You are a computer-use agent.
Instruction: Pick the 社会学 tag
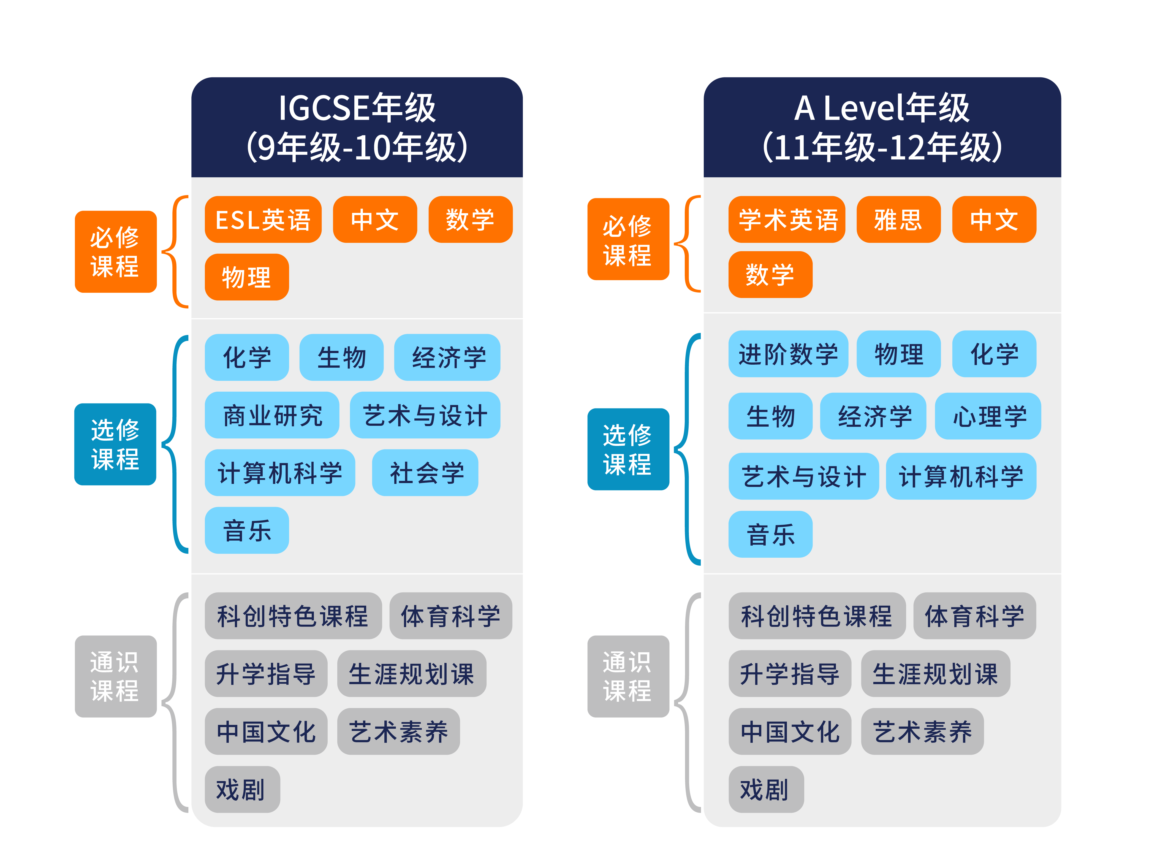pyautogui.click(x=425, y=473)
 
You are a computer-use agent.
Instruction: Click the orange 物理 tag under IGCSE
pyautogui.click(x=246, y=277)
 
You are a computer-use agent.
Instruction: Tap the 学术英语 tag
pyautogui.click(x=786, y=219)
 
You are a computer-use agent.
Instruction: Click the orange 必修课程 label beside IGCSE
pyautogui.click(x=116, y=252)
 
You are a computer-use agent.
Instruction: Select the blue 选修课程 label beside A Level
pyautogui.click(x=628, y=449)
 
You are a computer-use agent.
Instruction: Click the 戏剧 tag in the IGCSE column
pyautogui.click(x=242, y=789)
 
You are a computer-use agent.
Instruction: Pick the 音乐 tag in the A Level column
pyautogui.click(x=770, y=534)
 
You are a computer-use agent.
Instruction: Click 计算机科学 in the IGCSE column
pyautogui.click(x=280, y=473)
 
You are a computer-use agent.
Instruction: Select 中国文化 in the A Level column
pyautogui.click(x=790, y=731)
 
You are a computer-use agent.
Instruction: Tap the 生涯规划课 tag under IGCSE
pyautogui.click(x=411, y=673)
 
